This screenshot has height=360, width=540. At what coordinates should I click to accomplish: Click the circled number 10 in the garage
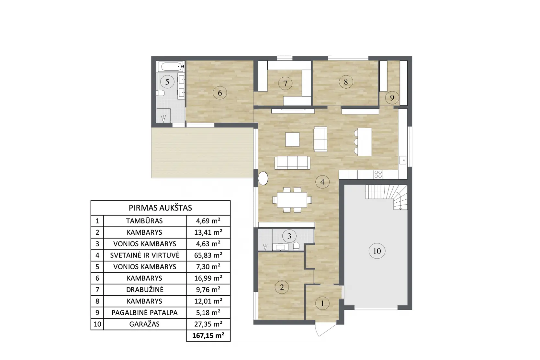[377, 251]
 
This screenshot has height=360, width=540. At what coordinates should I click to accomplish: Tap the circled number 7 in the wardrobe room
[285, 84]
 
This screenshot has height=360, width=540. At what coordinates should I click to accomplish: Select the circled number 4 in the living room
[322, 182]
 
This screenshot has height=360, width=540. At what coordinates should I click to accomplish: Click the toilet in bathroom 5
[160, 93]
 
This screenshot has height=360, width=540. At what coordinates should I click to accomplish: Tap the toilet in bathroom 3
[296, 246]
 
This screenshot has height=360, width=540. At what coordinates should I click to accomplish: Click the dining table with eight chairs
[292, 200]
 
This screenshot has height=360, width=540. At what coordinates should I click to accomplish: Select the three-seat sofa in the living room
[292, 163]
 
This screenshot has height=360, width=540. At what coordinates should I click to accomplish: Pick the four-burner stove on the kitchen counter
[378, 174]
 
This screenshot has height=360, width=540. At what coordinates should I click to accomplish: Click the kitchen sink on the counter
[403, 160]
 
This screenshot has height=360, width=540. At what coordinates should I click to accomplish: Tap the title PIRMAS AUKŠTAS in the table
[160, 208]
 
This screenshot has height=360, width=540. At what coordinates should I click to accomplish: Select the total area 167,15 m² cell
[208, 335]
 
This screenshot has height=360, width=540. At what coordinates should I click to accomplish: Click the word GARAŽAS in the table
[144, 324]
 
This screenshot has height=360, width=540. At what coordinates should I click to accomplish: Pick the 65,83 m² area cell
[208, 255]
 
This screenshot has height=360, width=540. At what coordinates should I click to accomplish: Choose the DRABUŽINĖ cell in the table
[145, 290]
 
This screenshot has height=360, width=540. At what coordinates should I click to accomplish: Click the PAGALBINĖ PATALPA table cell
[145, 312]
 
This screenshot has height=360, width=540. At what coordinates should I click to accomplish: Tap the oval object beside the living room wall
[263, 178]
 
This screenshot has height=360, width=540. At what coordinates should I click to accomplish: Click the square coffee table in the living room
[292, 139]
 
